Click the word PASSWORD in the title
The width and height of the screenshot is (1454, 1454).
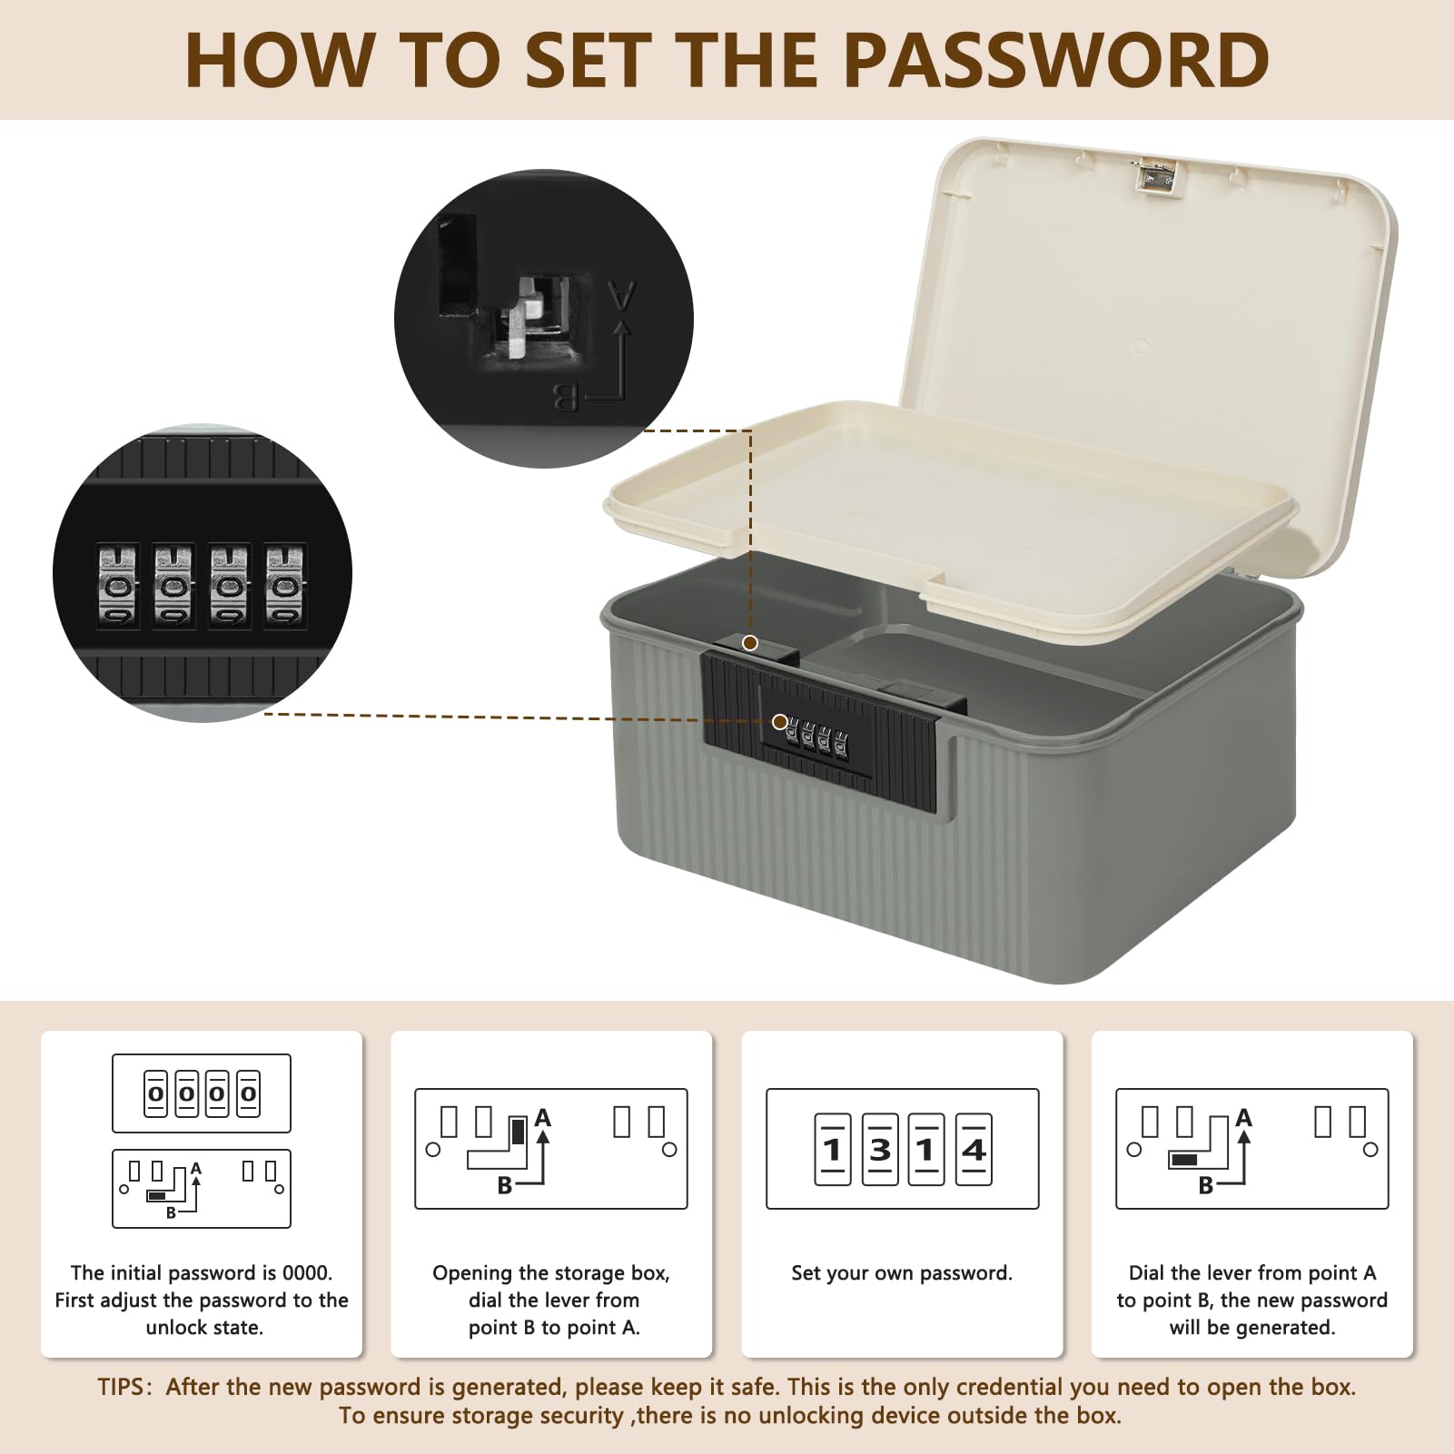[x=1057, y=60]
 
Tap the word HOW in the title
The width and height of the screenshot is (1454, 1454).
[x=280, y=60]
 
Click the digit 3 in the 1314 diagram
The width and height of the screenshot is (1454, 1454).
[x=880, y=1150]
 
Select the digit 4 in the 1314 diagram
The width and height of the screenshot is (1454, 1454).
[x=974, y=1150]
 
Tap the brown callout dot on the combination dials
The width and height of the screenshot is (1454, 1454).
[x=779, y=722]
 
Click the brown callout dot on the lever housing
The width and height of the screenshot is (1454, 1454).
[x=750, y=643]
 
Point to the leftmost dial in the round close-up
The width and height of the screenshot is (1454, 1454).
[x=118, y=586]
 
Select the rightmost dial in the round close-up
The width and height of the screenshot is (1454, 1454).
[x=285, y=586]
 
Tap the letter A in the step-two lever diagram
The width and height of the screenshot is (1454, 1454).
[x=543, y=1117]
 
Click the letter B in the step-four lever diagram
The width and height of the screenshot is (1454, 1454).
[x=1206, y=1185]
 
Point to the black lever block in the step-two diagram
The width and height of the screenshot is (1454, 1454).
[x=519, y=1132]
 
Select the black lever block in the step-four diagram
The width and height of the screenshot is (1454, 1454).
[x=1184, y=1160]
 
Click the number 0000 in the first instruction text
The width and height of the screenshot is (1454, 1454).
[x=305, y=1272]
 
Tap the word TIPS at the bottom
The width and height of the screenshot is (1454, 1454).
[x=121, y=1387]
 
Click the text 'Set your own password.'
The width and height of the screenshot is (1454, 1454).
[x=902, y=1273]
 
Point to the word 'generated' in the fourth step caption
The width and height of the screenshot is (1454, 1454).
[x=1287, y=1328]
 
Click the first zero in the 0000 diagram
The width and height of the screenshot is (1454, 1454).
[x=155, y=1093]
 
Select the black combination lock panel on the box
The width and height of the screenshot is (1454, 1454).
[x=819, y=732]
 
